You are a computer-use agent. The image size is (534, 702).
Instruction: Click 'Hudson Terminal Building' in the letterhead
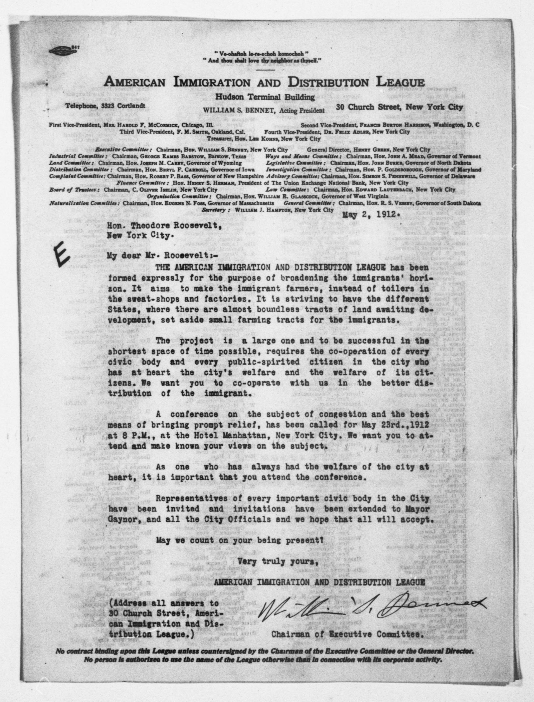click(265, 97)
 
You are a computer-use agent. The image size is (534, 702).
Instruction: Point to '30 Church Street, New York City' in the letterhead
click(399, 107)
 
